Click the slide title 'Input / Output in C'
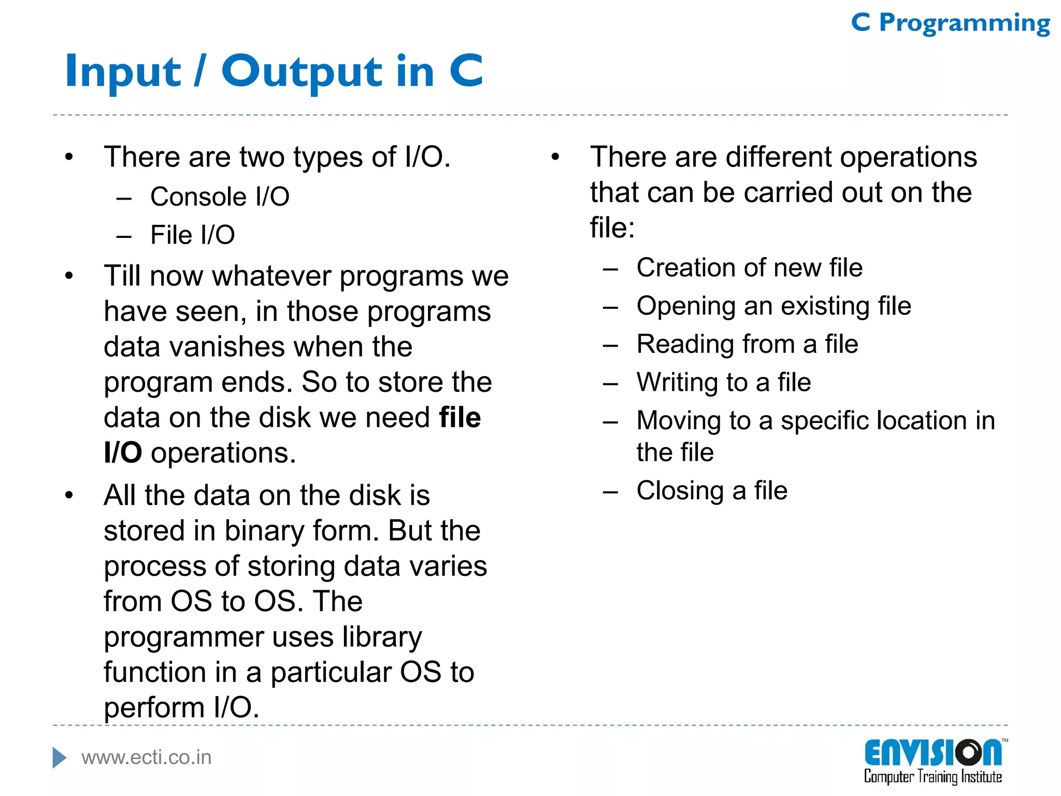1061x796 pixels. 274,71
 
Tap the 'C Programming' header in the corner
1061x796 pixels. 950,23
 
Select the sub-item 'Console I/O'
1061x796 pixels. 220,197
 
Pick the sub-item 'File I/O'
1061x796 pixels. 192,235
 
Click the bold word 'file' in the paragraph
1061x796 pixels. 460,417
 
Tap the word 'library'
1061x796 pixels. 382,637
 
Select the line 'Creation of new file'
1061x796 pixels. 749,268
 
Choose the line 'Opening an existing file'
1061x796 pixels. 773,306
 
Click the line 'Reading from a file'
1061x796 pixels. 747,344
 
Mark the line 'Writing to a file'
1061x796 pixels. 723,382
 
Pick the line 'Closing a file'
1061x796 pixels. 712,490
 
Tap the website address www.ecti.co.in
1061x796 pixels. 147,758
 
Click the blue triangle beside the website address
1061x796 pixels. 59,758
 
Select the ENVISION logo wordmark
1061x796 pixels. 933,753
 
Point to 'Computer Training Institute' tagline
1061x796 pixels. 933,777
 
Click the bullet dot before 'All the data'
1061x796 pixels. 69,495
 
